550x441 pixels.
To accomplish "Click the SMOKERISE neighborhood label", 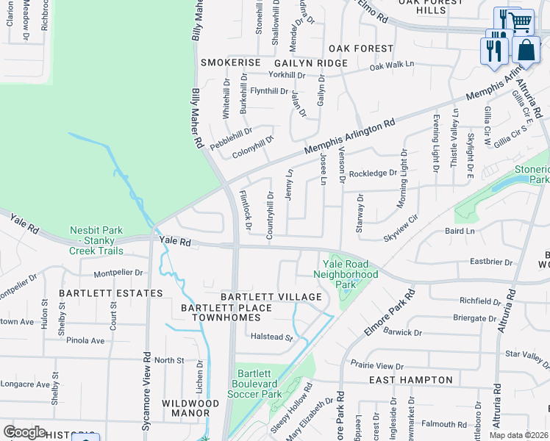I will click(231, 63).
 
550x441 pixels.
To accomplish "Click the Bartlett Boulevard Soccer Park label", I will click(257, 384).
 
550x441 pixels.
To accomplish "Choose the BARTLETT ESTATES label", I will click(111, 293).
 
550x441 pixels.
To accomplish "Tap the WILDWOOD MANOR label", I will click(190, 409).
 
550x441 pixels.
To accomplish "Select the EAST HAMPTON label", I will click(410, 380).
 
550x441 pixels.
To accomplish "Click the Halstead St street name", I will click(272, 338).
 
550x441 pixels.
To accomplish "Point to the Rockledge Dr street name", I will click(373, 173).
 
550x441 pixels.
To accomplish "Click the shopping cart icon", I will click(521, 21).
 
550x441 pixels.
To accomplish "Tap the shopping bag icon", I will click(526, 51).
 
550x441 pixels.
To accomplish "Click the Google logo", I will click(24, 431).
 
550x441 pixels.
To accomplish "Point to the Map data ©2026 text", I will click(519, 435).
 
